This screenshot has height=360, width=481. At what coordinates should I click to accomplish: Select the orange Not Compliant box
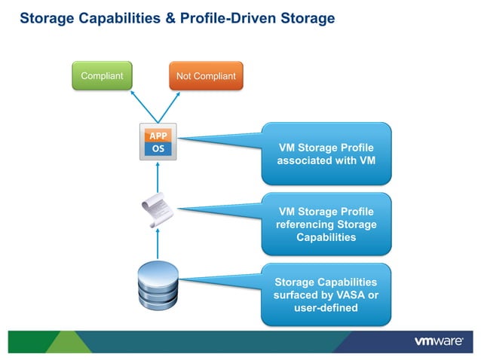coord(206,75)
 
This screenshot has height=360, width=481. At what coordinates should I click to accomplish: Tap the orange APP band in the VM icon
coord(158,136)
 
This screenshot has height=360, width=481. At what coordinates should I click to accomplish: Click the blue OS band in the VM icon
coord(158,148)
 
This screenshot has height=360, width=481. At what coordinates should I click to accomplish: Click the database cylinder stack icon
coord(158,285)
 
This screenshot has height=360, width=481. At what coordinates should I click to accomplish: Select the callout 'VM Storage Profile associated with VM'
coord(326,154)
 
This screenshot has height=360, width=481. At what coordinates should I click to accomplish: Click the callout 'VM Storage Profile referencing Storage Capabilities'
coord(326,224)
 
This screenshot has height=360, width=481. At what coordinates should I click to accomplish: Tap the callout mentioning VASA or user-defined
coord(326,294)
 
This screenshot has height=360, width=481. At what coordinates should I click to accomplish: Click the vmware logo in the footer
coord(438,341)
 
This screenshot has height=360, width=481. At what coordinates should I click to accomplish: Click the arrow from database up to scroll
coord(158,246)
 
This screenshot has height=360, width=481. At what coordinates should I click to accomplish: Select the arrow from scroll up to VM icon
coord(158,178)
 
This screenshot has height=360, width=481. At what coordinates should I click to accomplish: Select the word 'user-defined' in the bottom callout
coord(326,308)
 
